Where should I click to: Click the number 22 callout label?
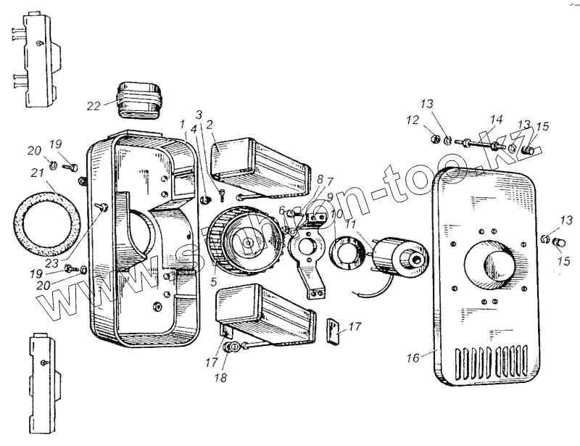tap(94, 106)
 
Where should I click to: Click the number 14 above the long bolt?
tap(496, 119)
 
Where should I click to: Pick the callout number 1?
tap(183, 125)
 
